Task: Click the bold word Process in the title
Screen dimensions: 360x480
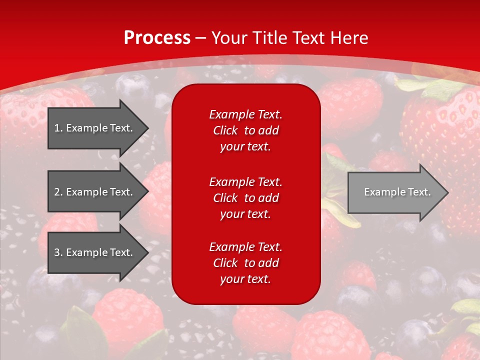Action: pos(157,38)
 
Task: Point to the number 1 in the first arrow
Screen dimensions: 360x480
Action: pos(57,128)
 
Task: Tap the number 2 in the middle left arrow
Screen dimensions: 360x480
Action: pos(57,192)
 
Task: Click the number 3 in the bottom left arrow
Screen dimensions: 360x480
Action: pos(57,252)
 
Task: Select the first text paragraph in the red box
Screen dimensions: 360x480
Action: pos(245,130)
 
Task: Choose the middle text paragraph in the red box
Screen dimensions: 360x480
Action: pos(245,198)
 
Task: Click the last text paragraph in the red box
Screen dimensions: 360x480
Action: pos(245,263)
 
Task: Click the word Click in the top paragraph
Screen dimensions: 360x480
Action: pos(225,130)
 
